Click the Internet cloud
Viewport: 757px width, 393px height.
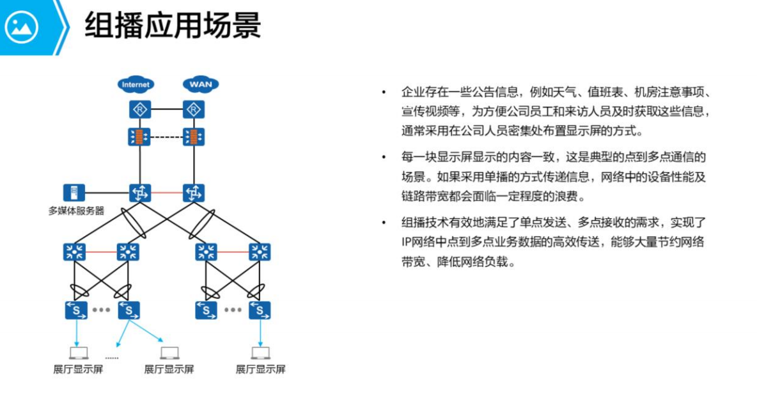[x=136, y=84]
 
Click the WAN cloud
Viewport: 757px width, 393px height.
[x=201, y=84]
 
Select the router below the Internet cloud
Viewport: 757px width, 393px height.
[x=139, y=110]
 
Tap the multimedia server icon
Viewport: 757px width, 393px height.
[x=74, y=192]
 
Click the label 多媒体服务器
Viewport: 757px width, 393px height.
[x=76, y=210]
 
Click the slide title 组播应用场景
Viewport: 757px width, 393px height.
[x=173, y=27]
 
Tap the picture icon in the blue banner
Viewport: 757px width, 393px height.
[x=22, y=27]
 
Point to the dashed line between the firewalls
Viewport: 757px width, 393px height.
[x=166, y=137]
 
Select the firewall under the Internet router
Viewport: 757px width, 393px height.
[x=139, y=137]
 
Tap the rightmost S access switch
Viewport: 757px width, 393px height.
[x=260, y=310]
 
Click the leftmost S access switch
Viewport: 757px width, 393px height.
[x=75, y=310]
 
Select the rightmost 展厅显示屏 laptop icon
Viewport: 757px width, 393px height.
[x=260, y=352]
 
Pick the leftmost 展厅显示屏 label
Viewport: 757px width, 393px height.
[x=78, y=369]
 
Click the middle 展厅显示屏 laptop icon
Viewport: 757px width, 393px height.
[x=169, y=352]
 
